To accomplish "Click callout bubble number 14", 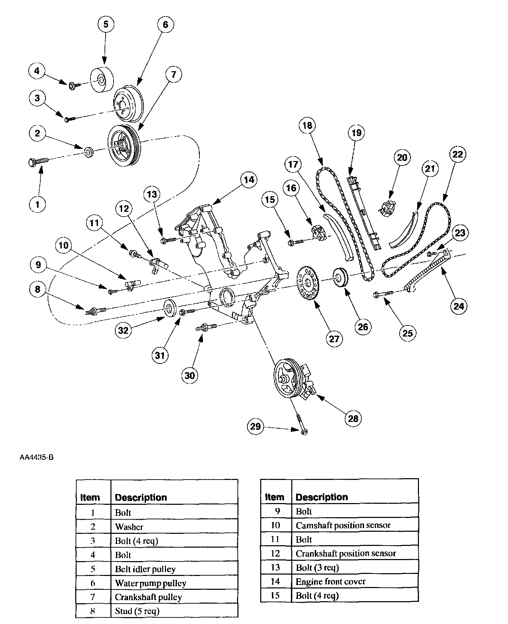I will pos(249,180).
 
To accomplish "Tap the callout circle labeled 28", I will pos(353,418).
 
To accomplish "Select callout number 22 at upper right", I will pos(458,154).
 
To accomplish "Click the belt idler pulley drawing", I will pos(102,79).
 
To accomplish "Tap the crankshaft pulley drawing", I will pos(123,145).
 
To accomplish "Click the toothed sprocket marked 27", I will pos(308,283).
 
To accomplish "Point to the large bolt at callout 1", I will pos(39,161).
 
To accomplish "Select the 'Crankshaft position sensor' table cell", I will pos(346,553).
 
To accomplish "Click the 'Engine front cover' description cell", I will pos(330,582).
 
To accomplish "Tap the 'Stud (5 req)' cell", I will pos(137,611).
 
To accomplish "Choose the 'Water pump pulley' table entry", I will pos(150,583).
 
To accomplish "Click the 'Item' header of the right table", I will pos(274,497).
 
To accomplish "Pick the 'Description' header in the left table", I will pos(141,498).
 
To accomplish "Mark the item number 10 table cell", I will pos(275,526).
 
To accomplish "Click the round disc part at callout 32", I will pos(169,307).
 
